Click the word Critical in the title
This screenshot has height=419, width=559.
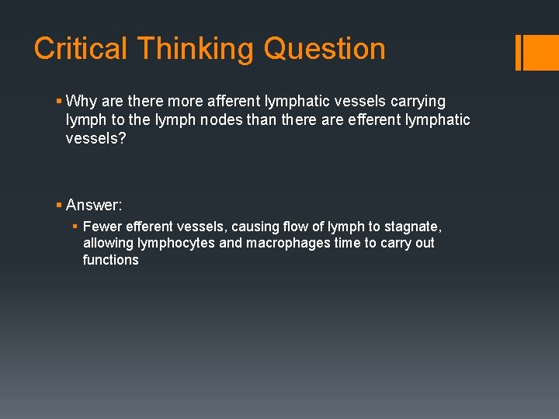[81, 49]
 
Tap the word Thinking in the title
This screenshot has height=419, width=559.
[196, 49]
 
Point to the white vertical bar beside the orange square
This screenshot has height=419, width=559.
[518, 52]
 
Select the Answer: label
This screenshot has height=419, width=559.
[94, 205]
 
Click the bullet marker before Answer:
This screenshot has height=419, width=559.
[59, 205]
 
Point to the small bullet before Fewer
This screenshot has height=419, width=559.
[75, 227]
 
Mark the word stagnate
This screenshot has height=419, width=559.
[413, 227]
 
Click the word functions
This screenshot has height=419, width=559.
[110, 260]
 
